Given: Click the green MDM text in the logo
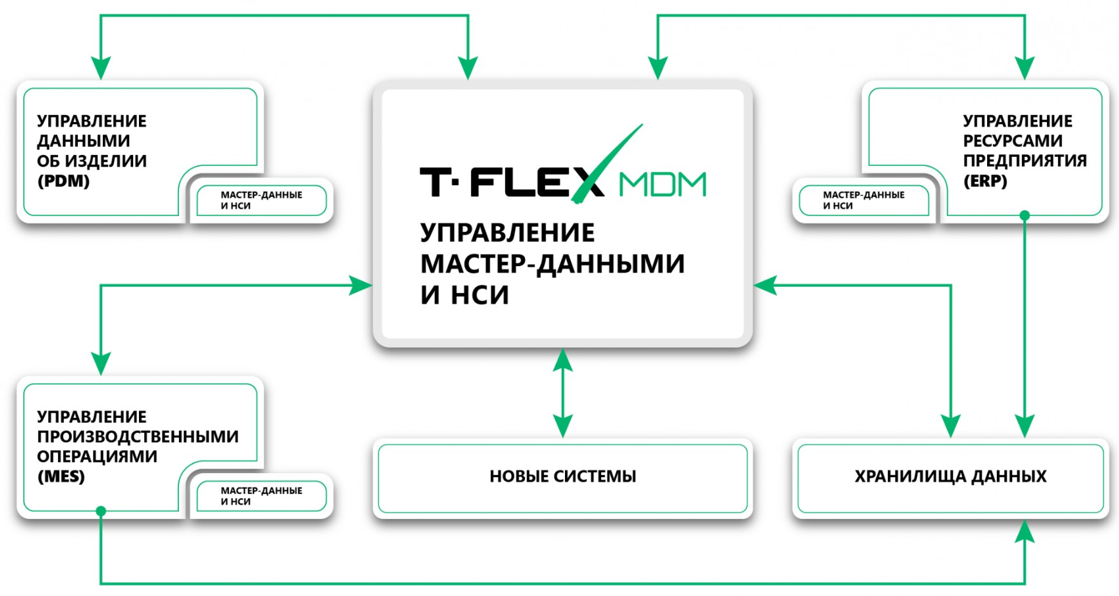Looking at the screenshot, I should coord(662,185).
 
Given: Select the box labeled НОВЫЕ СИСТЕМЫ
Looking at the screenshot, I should coord(562,477).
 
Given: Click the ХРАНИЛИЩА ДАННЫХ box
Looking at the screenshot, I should coord(950,477).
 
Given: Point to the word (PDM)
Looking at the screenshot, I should coord(63,181).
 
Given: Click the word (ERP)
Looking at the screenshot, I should coord(985,181).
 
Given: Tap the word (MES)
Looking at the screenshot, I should coord(61,477).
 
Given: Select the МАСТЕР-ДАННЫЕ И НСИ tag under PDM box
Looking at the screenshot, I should coord(261,201).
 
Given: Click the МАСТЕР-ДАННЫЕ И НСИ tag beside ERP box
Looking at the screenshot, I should coord(864,201).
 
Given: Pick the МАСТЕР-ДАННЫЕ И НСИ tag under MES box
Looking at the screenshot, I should coord(261,496).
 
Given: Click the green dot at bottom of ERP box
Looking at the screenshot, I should coord(1025,216).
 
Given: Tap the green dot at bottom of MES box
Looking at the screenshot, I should coord(101,511).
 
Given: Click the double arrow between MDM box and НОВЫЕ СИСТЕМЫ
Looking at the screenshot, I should coord(563,393).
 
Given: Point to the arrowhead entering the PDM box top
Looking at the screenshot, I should coord(101,68).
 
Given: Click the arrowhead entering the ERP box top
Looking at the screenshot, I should coord(1025,68).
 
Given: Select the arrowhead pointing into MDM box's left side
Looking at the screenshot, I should coord(360,285).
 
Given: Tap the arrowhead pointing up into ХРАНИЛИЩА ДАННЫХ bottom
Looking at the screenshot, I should coord(1025,532).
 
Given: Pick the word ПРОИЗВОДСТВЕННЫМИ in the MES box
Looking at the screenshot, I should coord(138,437).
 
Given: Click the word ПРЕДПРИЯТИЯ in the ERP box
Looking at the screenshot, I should coord(1024,161).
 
